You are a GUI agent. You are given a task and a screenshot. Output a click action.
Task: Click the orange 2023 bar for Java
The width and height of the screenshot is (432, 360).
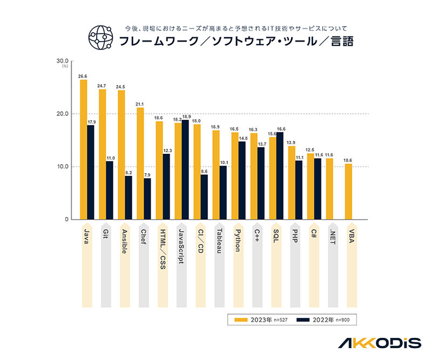pos(83,150)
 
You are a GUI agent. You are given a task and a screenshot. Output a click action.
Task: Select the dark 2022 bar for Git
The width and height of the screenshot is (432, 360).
pos(109,191)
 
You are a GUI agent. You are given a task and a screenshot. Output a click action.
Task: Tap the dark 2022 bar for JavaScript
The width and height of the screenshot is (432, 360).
pos(185,169)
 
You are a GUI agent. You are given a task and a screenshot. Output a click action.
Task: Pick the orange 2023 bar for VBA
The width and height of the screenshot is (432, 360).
pos(348,192)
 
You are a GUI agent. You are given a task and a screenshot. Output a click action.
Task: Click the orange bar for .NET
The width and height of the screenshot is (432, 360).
pos(329,189)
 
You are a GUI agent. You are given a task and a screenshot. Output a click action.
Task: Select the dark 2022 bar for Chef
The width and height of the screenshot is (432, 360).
pos(147,199)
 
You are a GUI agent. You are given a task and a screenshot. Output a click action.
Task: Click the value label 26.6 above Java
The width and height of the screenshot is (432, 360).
pos(83,76)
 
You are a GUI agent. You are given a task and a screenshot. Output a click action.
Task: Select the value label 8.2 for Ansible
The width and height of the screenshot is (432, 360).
pos(129,173)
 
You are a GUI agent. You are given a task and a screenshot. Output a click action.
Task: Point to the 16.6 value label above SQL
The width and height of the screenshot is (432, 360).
pos(281,129)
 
